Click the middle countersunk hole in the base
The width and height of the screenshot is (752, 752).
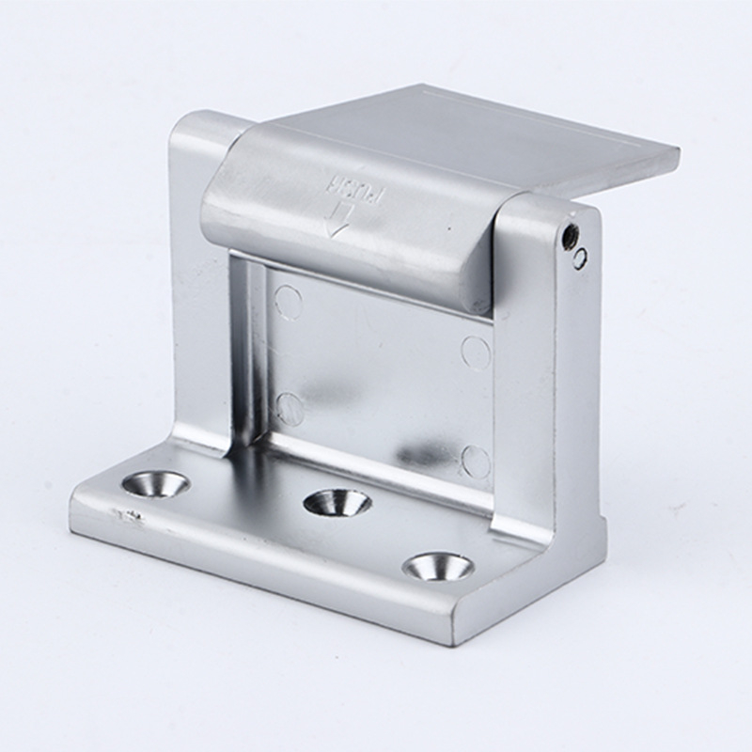[x=338, y=504]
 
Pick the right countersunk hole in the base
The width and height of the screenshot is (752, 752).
[x=438, y=568]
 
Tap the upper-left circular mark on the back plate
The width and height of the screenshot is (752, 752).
[x=289, y=302]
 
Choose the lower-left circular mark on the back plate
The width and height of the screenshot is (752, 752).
[x=290, y=408]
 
